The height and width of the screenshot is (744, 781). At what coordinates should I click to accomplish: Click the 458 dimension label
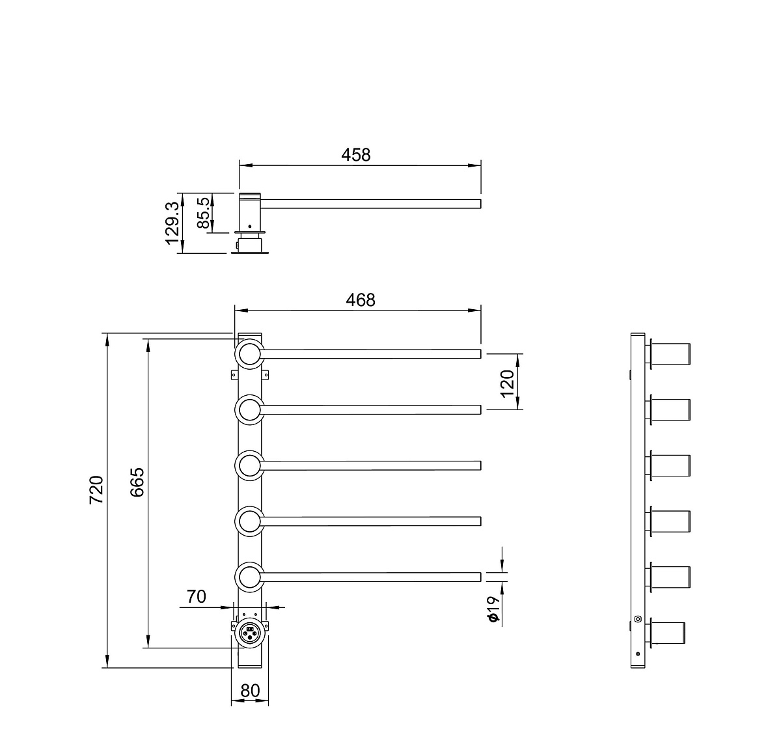pos(355,155)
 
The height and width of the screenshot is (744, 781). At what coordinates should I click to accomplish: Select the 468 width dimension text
pos(360,300)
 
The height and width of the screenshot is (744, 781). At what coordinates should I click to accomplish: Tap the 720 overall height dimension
pos(96,489)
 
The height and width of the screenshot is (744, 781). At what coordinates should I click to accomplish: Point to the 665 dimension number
pos(137,482)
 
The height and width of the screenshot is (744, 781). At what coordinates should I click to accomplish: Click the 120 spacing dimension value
pos(507,383)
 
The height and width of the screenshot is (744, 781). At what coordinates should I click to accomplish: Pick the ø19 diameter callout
pos(493,609)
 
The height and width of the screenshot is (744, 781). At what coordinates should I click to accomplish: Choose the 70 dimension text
pos(197,596)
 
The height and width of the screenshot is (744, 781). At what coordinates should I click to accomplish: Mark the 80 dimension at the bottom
pos(250,691)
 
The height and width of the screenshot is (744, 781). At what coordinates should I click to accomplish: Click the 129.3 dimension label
pos(172,223)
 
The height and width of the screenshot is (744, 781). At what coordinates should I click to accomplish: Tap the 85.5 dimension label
pos(203,213)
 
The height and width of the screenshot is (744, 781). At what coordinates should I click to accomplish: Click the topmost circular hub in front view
pos(249,353)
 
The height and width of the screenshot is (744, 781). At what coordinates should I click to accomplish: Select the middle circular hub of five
pos(249,465)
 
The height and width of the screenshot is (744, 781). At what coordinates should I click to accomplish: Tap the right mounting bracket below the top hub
pos(265,374)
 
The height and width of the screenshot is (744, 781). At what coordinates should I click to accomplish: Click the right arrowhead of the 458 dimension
pos(474,165)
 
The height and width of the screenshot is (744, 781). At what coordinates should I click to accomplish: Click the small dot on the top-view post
pos(249,226)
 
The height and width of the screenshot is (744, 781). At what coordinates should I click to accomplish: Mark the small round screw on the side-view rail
pos(638,619)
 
